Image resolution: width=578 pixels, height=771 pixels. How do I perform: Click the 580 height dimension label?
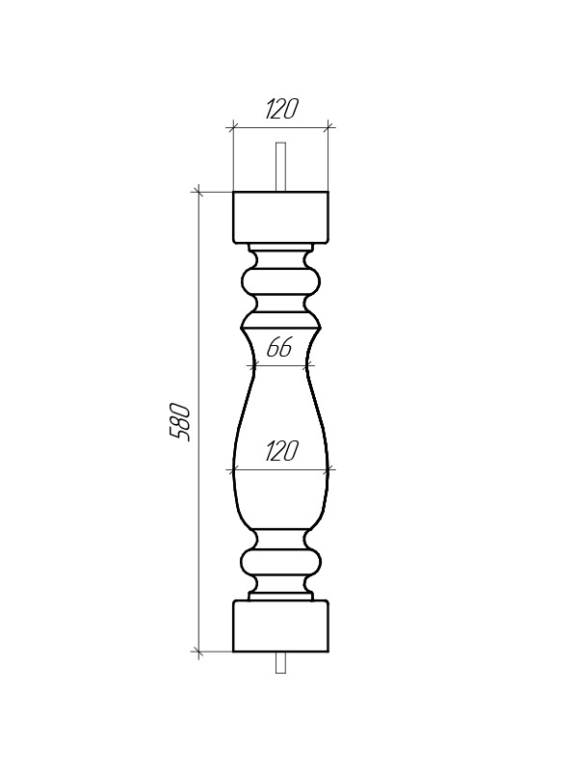point(179,422)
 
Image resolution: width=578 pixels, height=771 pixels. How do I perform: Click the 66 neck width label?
point(279,348)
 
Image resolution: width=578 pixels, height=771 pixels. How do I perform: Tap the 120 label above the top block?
point(281,109)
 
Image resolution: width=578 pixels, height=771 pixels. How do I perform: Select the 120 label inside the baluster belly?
point(281,451)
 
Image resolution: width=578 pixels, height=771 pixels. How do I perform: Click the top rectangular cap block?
point(280,217)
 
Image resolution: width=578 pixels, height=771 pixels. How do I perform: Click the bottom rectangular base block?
point(280,625)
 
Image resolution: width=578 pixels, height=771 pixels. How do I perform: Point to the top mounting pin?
point(280,167)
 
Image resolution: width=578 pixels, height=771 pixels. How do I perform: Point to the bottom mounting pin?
point(280,662)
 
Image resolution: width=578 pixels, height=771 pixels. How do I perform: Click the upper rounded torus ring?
point(280,282)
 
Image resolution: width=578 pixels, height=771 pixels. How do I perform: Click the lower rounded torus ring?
point(280,563)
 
